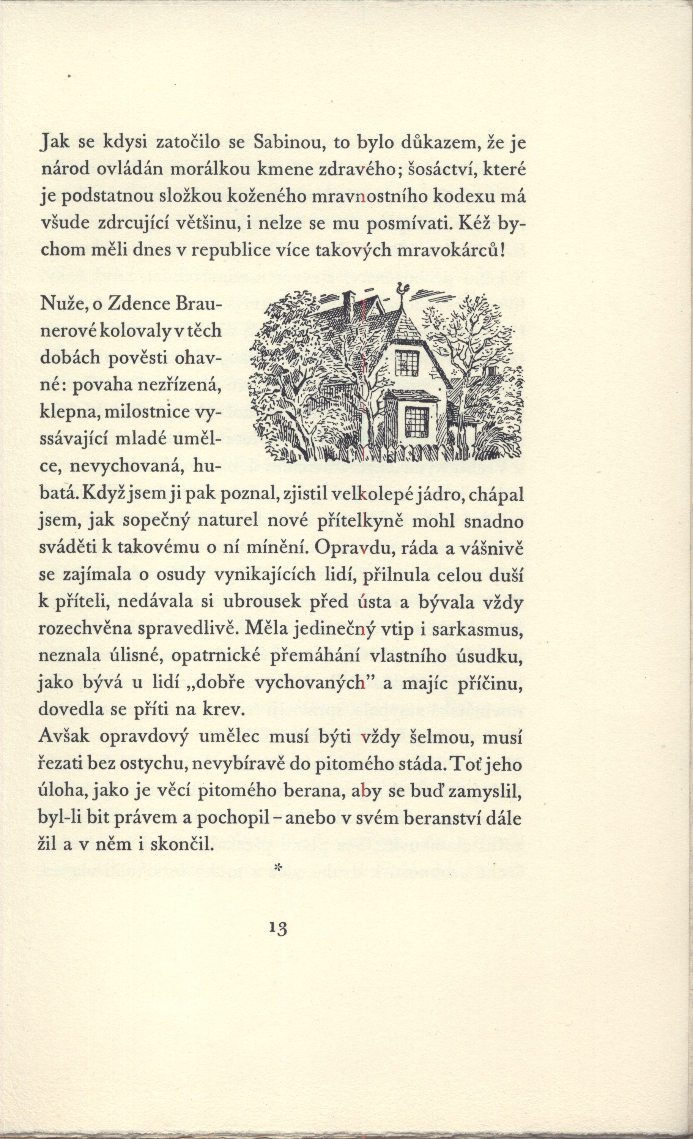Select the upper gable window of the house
coord(406,361)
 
